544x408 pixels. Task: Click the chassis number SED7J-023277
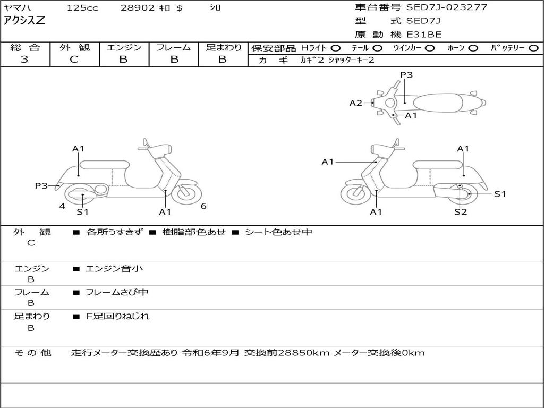[446, 7]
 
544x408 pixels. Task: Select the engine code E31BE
[424, 35]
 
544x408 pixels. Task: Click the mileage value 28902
[138, 8]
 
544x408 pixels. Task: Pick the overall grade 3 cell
[24, 59]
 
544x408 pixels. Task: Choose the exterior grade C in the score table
[74, 59]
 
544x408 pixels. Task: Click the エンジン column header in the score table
[124, 47]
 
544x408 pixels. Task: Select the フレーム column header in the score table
[174, 47]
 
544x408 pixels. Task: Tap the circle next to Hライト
[336, 48]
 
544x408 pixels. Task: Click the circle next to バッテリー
[534, 48]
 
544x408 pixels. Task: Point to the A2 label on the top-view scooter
[355, 103]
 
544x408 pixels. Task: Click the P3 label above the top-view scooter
[406, 75]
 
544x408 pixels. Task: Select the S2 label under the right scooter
[460, 212]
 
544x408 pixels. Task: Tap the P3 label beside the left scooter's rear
[41, 185]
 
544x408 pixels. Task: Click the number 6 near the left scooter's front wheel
[203, 206]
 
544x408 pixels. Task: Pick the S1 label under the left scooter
[82, 212]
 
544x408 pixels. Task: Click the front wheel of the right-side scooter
[355, 194]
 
